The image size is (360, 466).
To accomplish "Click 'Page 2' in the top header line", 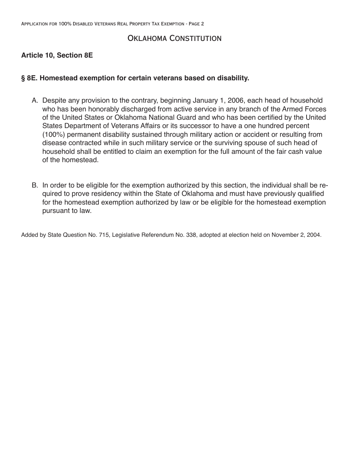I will (x=195, y=24).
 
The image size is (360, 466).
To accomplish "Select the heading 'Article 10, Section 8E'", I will (x=57, y=55).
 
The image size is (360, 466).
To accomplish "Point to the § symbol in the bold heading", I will (x=23, y=78).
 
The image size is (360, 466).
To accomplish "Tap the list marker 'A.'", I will (x=35, y=101).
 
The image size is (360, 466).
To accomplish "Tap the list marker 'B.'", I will (x=35, y=186).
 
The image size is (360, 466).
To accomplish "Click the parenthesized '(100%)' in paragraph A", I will (x=53, y=134).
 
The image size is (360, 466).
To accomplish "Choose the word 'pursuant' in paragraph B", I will (x=55, y=211).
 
